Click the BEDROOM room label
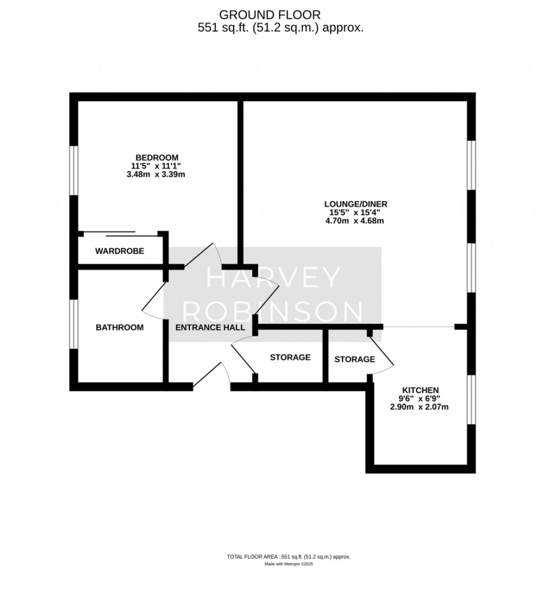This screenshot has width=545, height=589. tap(156, 157)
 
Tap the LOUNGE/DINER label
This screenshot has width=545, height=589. tap(356, 204)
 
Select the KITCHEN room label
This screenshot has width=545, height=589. tap(420, 390)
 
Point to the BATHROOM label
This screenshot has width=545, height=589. tap(120, 328)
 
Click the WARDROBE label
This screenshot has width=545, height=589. tap(120, 251)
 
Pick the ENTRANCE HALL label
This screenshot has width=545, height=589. tap(210, 328)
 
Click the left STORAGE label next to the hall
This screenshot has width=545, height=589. tap(290, 357)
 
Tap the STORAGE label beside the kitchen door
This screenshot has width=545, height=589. tap(354, 360)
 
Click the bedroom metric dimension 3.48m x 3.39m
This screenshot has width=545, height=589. tap(156, 175)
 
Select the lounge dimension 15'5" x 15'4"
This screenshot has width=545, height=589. tap(355, 213)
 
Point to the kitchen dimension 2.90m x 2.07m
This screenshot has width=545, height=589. tap(419, 407)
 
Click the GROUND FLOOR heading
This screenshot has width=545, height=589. tap(270, 15)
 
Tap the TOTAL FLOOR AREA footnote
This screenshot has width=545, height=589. tap(288, 557)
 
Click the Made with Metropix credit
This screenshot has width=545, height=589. tap(288, 564)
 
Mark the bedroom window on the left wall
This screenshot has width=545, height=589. tap(74, 171)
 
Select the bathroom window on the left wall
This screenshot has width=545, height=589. tap(74, 324)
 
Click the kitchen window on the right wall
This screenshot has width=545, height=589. tap(472, 400)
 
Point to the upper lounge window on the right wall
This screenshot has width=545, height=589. tap(472, 165)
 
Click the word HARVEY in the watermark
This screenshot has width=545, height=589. tap(273, 277)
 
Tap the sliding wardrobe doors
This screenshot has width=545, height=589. tap(120, 234)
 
